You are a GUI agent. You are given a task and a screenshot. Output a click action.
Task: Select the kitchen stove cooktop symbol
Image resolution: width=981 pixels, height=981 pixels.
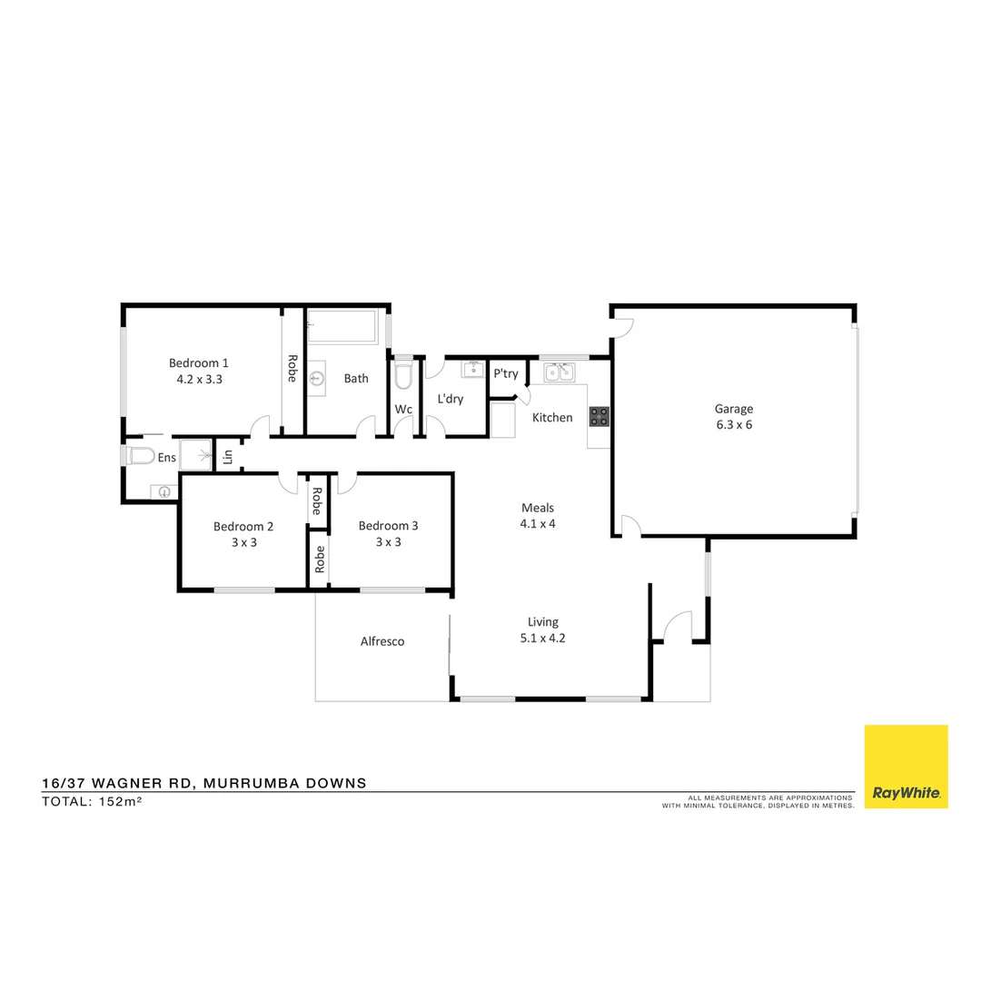tap(599, 416)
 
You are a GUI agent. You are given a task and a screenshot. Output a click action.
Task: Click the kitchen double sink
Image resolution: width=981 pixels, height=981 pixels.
tap(560, 372)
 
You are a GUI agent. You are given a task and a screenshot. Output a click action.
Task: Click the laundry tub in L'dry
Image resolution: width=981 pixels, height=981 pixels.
tap(472, 370)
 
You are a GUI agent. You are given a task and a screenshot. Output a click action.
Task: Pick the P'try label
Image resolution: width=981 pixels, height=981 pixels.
tap(506, 373)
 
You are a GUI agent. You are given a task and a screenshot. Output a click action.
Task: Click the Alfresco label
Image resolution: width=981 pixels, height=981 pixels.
tap(382, 641)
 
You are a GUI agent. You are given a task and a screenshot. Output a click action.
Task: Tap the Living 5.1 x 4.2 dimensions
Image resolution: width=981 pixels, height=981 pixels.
tap(543, 638)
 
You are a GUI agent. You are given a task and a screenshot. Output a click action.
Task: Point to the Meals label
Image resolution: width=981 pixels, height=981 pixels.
tap(538, 508)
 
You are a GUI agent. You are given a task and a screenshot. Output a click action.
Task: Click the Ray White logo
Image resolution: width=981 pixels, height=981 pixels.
tap(906, 767)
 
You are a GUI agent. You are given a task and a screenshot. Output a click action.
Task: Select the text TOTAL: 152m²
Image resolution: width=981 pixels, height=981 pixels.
tap(92, 802)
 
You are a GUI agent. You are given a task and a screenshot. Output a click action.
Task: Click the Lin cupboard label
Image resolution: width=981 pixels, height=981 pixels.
tap(228, 457)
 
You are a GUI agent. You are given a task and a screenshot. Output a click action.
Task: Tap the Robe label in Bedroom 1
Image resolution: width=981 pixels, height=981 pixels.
tap(292, 368)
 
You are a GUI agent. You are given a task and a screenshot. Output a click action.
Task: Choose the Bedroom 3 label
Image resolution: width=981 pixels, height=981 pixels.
tap(389, 526)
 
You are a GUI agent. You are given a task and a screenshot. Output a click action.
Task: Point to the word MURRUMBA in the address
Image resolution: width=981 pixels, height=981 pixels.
tap(254, 783)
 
